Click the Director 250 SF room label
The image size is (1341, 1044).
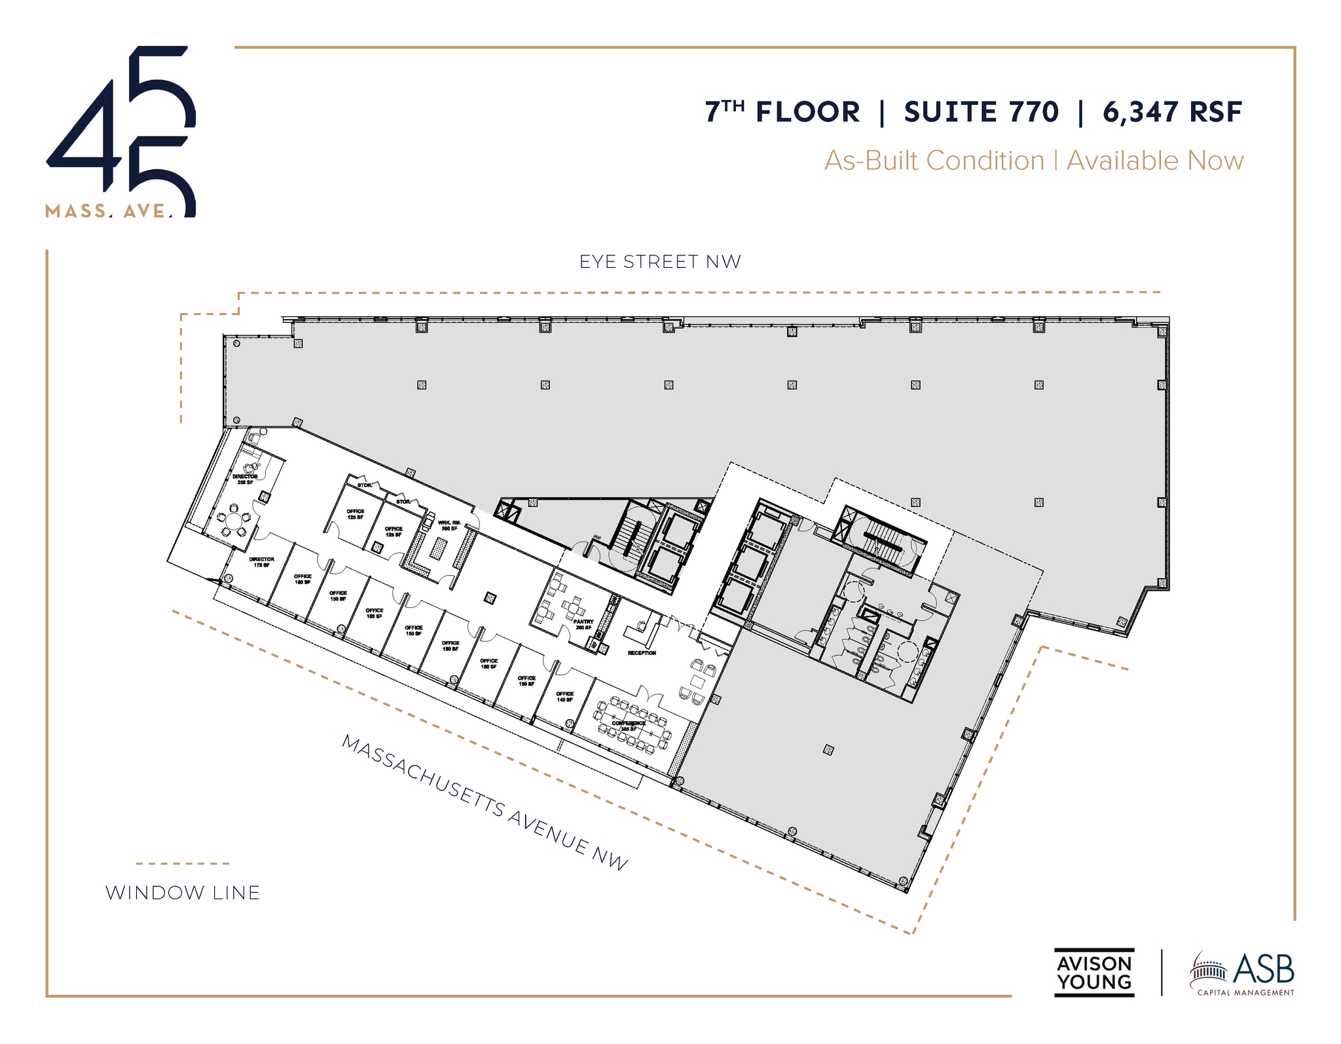[x=245, y=479]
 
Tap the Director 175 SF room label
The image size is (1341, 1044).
[x=261, y=562]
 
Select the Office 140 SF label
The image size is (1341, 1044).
[x=564, y=696]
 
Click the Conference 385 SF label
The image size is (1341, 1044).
[x=629, y=726]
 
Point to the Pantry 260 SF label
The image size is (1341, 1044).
[x=583, y=624]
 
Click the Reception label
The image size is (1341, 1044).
[x=641, y=653]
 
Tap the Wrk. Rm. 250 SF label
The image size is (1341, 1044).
[x=449, y=525]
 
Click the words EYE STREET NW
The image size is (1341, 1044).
[x=660, y=262]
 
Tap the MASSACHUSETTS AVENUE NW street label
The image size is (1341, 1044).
[x=485, y=802]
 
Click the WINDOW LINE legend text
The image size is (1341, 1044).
[x=183, y=893]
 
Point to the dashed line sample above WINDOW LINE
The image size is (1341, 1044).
[x=183, y=863]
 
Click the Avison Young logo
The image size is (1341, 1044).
[x=1093, y=973]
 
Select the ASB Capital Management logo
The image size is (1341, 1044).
[x=1242, y=973]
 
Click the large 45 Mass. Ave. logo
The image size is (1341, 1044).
[x=121, y=131]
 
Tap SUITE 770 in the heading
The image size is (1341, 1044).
[x=981, y=112]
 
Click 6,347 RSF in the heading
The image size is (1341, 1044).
[x=1172, y=112]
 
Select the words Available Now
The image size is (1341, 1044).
[x=1155, y=160]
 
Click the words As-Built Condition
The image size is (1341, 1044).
[x=934, y=160]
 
